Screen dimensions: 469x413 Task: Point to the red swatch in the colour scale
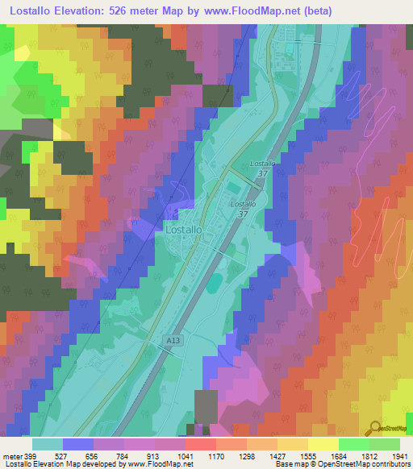pos(200,443)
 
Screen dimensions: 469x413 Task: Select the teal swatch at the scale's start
pos(48,443)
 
